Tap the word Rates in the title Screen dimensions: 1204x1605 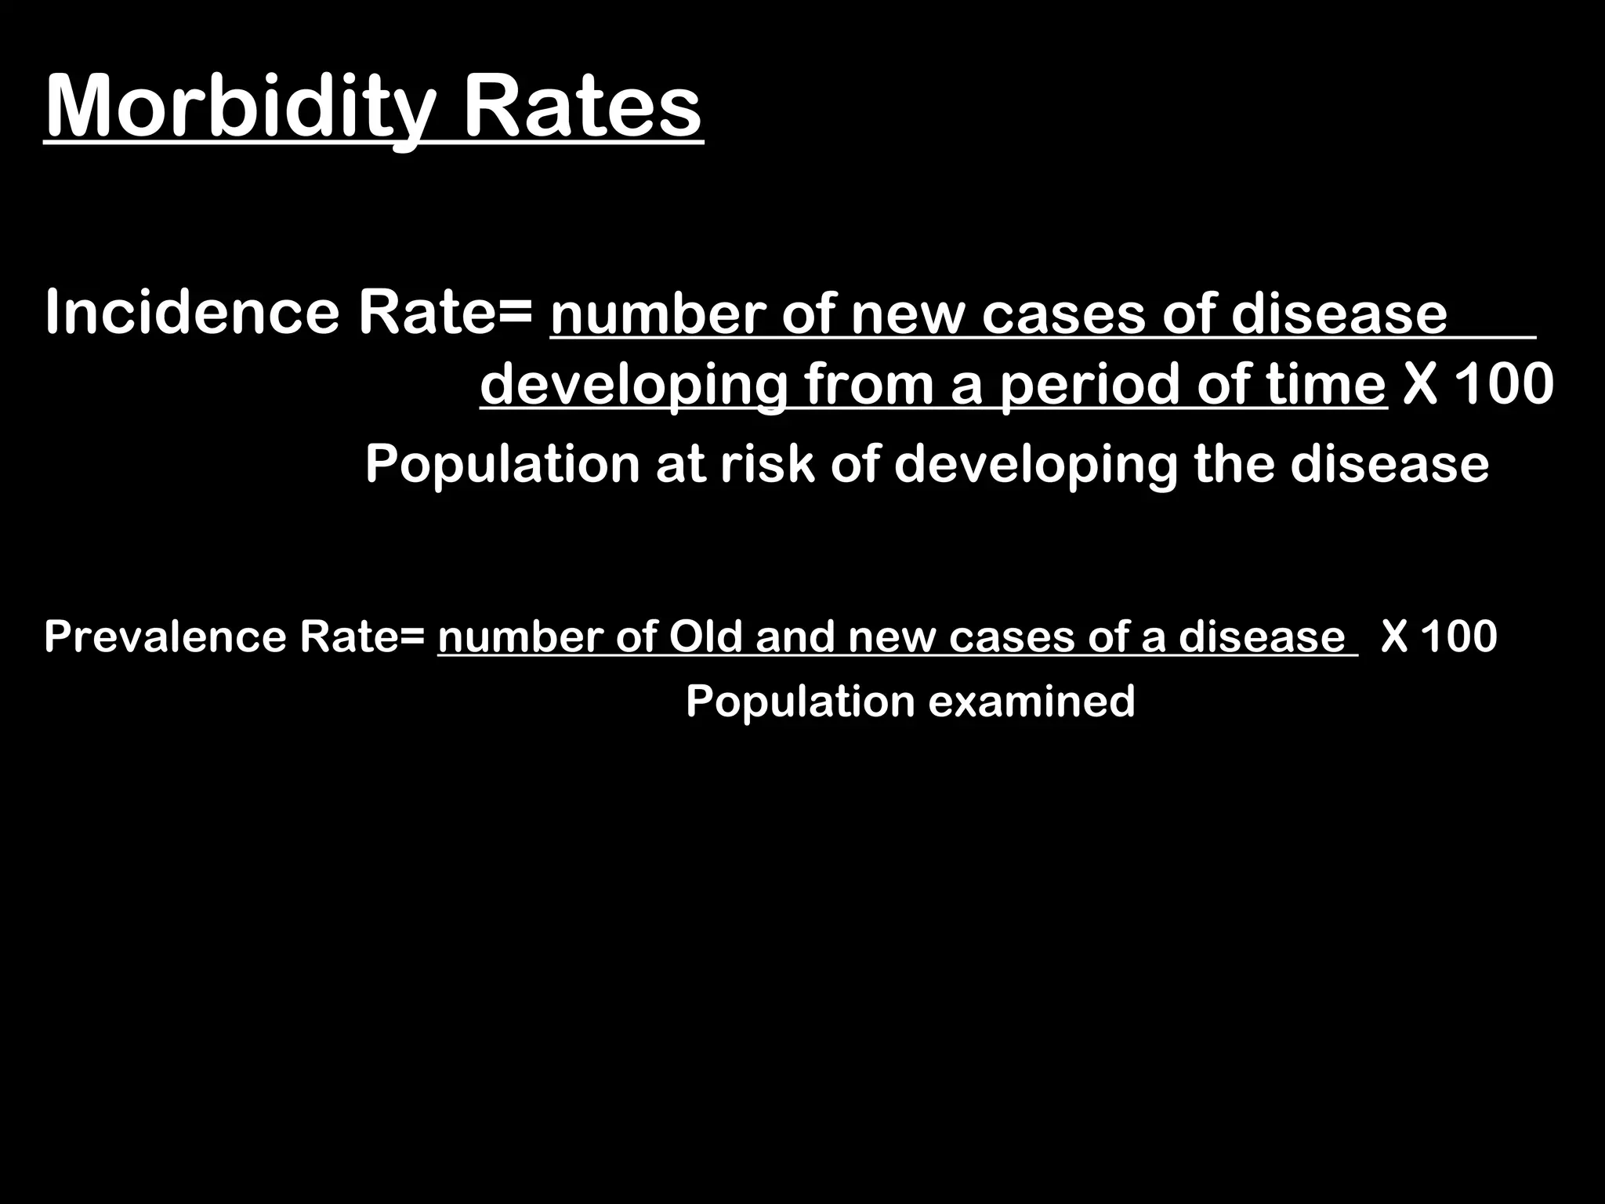[x=583, y=107]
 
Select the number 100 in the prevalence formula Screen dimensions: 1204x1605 [x=1459, y=636]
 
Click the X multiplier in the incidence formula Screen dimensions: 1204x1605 [x=1420, y=385]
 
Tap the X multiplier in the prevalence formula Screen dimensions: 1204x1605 [x=1394, y=636]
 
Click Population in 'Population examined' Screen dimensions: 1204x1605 [x=800, y=700]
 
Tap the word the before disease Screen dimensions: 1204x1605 [x=1235, y=464]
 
